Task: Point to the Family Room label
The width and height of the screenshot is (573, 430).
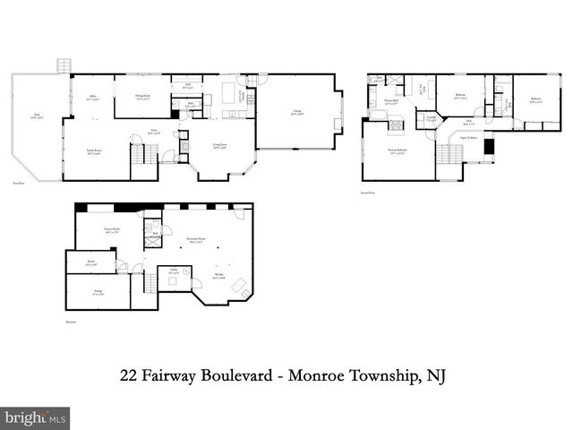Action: point(93,152)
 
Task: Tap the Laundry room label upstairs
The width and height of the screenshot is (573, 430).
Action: point(431,118)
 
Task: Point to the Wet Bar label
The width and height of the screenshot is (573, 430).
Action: point(219,276)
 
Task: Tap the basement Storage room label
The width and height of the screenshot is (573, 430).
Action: point(98,292)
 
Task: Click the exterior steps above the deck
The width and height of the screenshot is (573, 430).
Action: point(64,66)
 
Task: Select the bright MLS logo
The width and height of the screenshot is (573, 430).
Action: point(36,417)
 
